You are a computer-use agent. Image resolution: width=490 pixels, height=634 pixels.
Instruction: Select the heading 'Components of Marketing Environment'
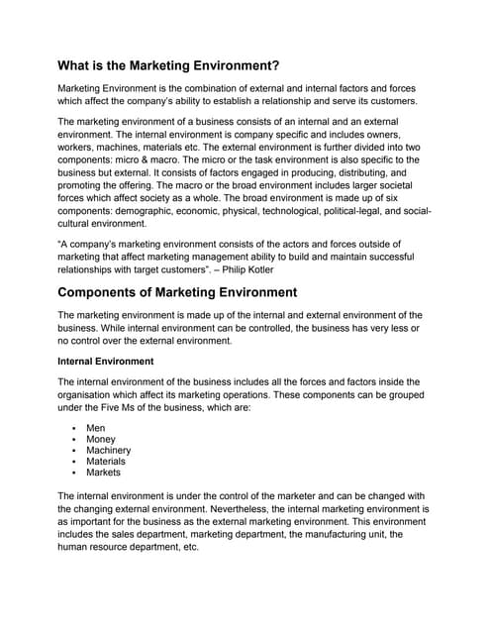(177, 291)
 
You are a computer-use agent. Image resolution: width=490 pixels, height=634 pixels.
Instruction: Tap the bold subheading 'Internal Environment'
(106, 362)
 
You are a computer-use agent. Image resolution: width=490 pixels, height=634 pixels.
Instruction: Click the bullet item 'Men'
(96, 428)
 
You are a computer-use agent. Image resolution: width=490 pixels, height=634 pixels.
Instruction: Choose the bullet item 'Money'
(101, 439)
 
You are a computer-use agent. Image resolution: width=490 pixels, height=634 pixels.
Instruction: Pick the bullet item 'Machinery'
(109, 450)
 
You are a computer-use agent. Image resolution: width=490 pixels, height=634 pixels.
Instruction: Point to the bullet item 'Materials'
(106, 461)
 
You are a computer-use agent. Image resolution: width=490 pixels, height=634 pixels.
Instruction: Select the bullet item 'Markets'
(103, 472)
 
